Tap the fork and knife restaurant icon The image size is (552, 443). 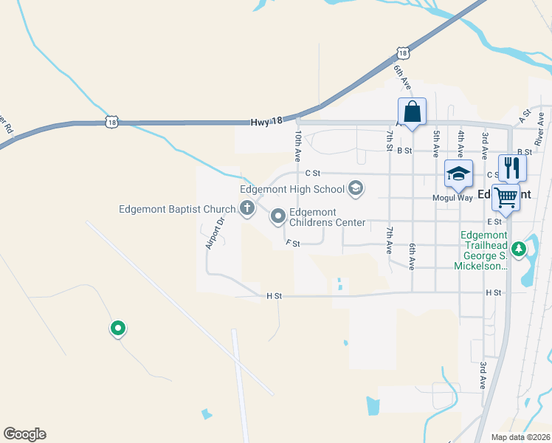pyautogui.click(x=511, y=168)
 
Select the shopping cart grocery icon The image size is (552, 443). pyautogui.click(x=506, y=196)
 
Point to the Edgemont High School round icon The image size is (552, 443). pyautogui.click(x=355, y=189)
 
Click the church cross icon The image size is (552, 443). pyautogui.click(x=247, y=209)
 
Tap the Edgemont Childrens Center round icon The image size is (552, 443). pyautogui.click(x=278, y=216)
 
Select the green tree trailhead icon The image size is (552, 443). pyautogui.click(x=520, y=249)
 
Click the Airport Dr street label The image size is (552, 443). pyautogui.click(x=214, y=233)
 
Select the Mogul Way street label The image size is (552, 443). pyautogui.click(x=452, y=198)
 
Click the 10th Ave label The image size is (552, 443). pyautogui.click(x=298, y=146)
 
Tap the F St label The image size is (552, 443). pyautogui.click(x=293, y=242)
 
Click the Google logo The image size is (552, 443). pyautogui.click(x=24, y=434)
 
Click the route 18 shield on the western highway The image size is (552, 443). pyautogui.click(x=111, y=121)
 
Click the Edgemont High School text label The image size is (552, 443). pyautogui.click(x=292, y=189)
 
